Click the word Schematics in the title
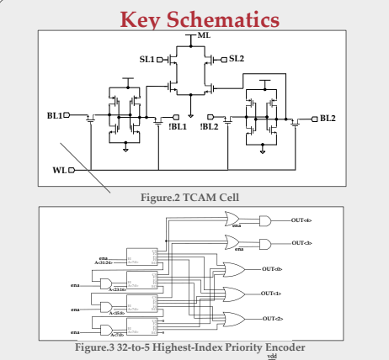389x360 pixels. pos(226,18)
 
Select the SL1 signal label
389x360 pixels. pos(147,59)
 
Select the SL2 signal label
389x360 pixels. pos(236,59)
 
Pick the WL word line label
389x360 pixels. pos(59,170)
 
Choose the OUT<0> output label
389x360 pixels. pos(272,268)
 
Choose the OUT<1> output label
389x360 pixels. pos(272,293)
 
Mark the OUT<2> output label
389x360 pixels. pos(272,319)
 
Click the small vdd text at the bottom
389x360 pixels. pos(271,356)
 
